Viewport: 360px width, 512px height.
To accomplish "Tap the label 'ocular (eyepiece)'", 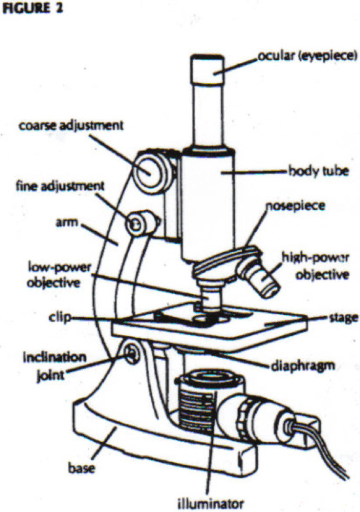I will click(296, 58).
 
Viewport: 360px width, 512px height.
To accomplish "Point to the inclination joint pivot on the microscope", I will click(132, 354).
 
